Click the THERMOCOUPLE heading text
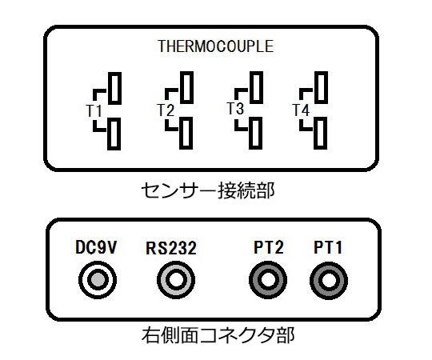[216, 46]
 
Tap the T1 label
[94, 110]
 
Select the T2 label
[166, 110]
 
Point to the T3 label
[235, 109]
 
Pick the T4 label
[301, 110]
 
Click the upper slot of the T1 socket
[114, 89]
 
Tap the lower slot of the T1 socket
[114, 134]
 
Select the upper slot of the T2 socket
[186, 87]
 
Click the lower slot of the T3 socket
[256, 134]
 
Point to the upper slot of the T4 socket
[322, 87]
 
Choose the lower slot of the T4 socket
[321, 134]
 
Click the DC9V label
[96, 247]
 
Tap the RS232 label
[171, 248]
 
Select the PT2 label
[269, 247]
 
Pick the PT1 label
[328, 247]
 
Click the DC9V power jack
[98, 280]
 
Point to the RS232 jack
[176, 280]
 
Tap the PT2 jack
[268, 280]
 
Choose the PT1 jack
[329, 281]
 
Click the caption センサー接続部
[208, 190]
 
